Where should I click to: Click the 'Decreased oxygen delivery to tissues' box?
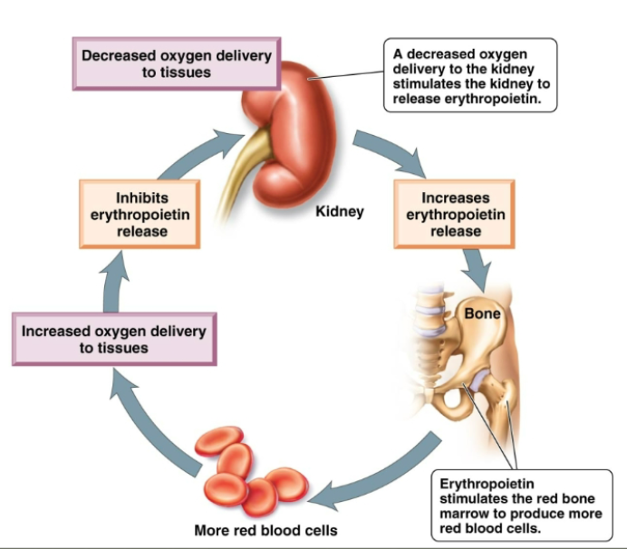[177, 63]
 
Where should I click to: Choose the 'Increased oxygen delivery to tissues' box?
[113, 339]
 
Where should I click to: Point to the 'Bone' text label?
[481, 314]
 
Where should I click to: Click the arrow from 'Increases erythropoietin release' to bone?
[475, 267]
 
